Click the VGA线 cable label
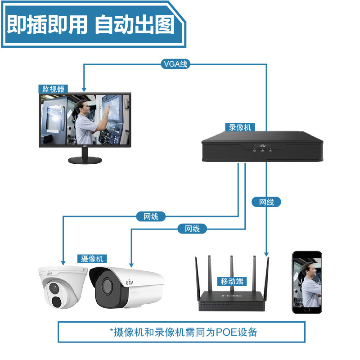tap(175, 64)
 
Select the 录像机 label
tap(239, 127)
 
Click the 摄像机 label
tap(92, 259)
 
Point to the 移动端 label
tap(232, 282)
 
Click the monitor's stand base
tap(84, 160)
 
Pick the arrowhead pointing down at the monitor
tap(83, 89)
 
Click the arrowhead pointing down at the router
tap(267, 254)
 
